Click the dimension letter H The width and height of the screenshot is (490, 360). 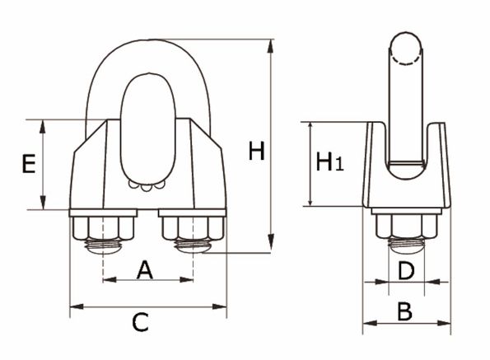click(256, 151)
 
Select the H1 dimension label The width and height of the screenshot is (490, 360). click(329, 161)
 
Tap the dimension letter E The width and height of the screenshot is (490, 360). click(29, 163)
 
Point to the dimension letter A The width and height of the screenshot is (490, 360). click(145, 270)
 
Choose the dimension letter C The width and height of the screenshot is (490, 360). click(140, 322)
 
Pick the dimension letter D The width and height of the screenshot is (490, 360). click(406, 271)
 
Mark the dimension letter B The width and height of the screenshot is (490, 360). click(405, 311)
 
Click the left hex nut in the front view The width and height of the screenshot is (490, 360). click(104, 228)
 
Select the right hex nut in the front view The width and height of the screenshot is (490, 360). click(194, 228)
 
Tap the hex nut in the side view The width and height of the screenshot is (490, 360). click(406, 227)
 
